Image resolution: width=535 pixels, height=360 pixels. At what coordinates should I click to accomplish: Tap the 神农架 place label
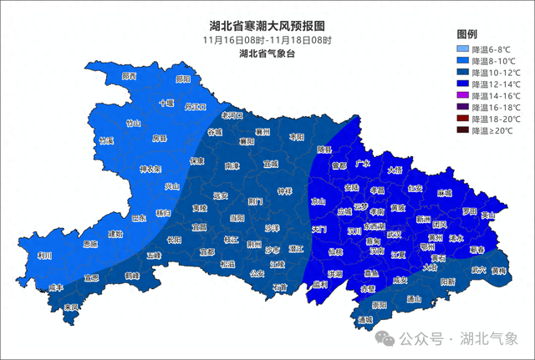click(x=150, y=169)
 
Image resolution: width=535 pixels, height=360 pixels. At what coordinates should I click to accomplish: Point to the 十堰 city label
click(x=166, y=104)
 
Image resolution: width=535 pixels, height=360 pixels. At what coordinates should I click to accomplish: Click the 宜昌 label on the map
click(x=198, y=226)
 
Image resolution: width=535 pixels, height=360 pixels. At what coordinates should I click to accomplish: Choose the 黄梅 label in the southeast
click(x=499, y=271)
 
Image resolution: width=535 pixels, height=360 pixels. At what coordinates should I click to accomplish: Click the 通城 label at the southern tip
click(x=364, y=320)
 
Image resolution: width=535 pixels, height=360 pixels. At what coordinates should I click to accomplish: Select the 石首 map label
click(x=278, y=287)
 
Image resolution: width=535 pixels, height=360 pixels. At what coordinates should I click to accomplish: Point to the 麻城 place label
click(x=443, y=193)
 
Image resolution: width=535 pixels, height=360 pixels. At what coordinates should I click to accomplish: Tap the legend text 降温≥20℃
click(x=495, y=131)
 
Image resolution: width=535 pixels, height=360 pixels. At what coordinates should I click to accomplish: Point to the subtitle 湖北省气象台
click(x=267, y=53)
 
